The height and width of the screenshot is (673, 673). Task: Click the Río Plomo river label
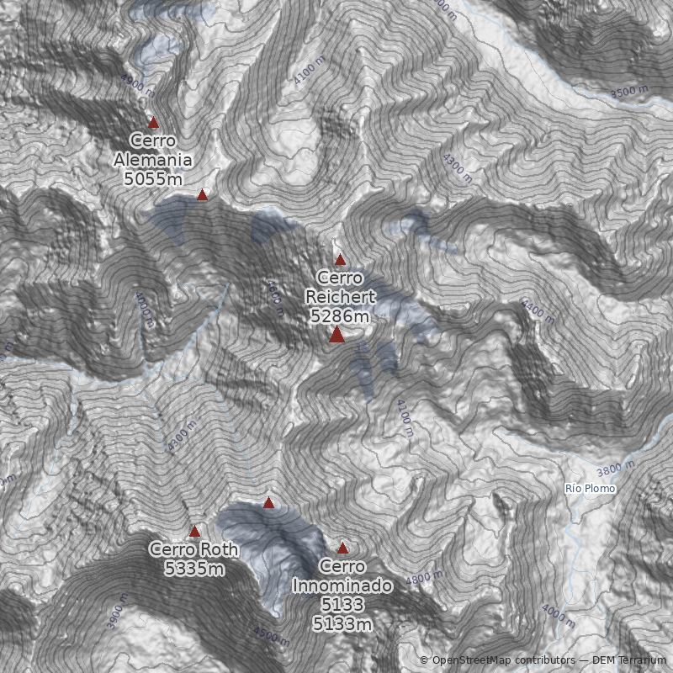590,489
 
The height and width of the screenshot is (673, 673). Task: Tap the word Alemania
153,160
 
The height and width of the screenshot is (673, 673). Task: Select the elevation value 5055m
153,178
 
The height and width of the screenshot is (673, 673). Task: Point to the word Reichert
340,297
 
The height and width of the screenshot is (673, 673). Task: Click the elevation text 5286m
340,316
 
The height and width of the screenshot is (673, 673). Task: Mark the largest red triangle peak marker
337,335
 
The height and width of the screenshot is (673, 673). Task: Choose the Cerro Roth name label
193,550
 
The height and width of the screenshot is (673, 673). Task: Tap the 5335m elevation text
194,570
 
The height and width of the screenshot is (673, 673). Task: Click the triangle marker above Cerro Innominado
342,548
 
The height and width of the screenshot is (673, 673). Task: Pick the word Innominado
342,586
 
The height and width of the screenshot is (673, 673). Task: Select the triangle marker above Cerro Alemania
153,122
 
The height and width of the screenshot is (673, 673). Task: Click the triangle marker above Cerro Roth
194,531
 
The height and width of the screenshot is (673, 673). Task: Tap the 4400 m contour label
538,310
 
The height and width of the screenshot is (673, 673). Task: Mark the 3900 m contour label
118,612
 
